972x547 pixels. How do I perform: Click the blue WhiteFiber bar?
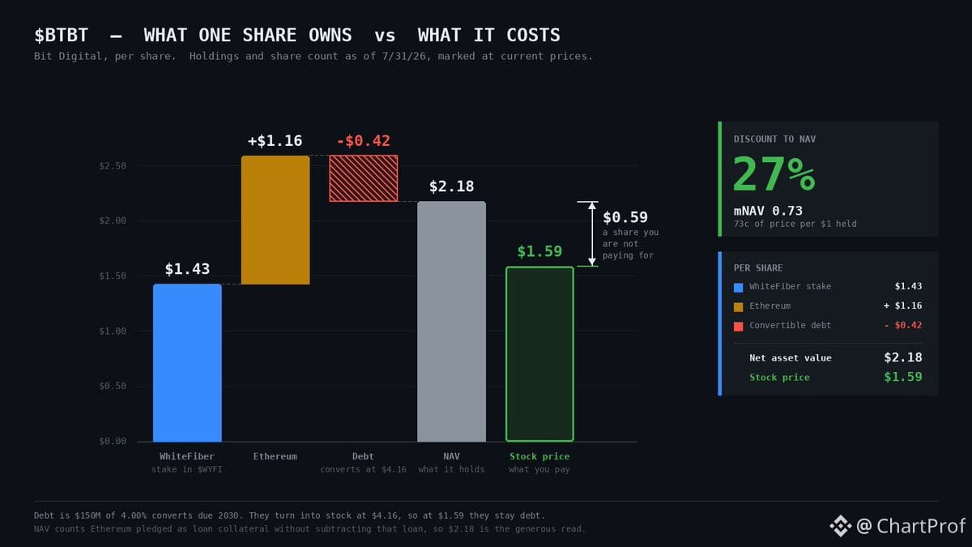(x=187, y=363)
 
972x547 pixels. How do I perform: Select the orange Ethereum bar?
(x=275, y=220)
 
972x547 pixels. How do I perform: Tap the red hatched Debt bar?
(x=364, y=178)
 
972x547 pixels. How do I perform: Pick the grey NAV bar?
(x=452, y=321)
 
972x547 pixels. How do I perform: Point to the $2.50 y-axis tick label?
(x=113, y=166)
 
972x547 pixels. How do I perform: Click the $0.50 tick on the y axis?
(x=113, y=386)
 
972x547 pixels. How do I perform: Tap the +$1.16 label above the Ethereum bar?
(x=275, y=141)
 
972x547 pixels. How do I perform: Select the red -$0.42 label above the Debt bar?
(x=364, y=141)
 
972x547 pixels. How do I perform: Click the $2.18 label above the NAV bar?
(x=451, y=186)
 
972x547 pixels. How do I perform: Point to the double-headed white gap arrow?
(x=592, y=233)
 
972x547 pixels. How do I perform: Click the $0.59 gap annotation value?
(x=625, y=217)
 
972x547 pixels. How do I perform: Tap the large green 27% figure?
(x=774, y=174)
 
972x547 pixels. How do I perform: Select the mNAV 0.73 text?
(x=768, y=211)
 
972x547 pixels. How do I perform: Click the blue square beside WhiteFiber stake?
(x=738, y=288)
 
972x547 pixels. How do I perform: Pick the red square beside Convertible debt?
(x=738, y=327)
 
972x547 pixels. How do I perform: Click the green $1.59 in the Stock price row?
(x=903, y=377)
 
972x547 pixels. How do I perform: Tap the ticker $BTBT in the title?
(x=62, y=35)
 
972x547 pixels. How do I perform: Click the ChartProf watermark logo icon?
(x=841, y=526)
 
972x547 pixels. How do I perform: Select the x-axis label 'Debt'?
(x=363, y=456)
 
